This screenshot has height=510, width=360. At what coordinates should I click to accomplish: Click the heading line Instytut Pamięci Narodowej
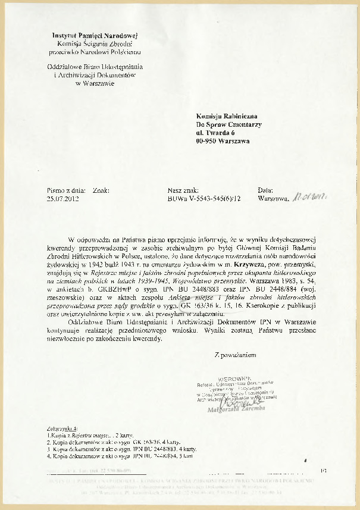(95, 36)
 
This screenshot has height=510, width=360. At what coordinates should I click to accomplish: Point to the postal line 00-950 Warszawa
(223, 142)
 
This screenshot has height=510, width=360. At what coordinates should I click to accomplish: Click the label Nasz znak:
(183, 191)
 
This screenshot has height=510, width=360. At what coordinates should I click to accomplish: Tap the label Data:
(265, 191)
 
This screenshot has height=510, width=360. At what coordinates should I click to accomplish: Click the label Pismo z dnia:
(67, 191)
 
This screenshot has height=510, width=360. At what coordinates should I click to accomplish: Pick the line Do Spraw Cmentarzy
(228, 124)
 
